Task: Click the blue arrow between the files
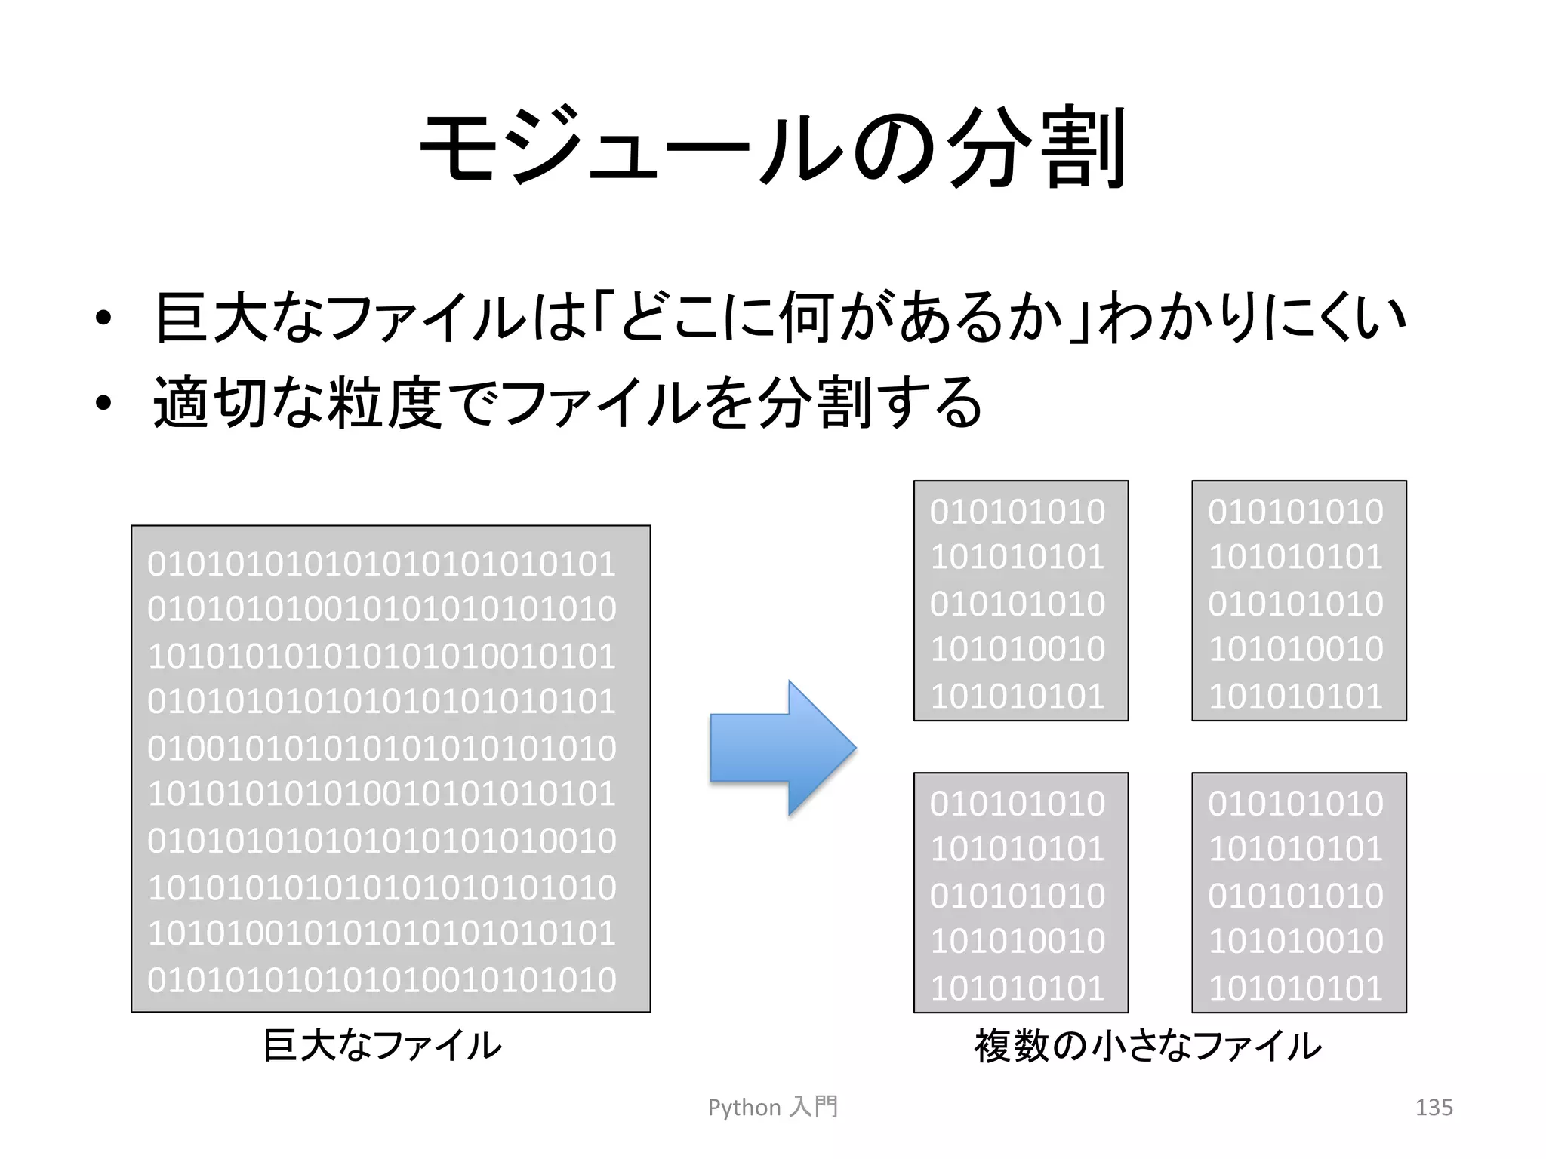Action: (782, 747)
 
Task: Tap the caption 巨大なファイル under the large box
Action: (382, 1046)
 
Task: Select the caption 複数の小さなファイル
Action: (1147, 1046)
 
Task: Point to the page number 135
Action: (1434, 1107)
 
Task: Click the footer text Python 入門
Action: (772, 1107)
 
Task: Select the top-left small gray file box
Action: (1021, 601)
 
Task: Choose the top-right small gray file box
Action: (1298, 601)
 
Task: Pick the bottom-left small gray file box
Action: (1021, 892)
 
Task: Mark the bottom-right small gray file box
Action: (1298, 892)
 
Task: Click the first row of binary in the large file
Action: (382, 564)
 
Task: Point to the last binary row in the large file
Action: (382, 979)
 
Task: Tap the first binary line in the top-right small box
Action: (1295, 511)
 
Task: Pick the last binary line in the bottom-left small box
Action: (1018, 988)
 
